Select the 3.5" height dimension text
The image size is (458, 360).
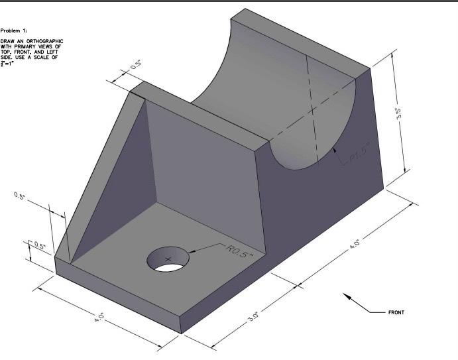click(x=398, y=114)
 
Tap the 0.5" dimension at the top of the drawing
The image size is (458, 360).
click(x=136, y=66)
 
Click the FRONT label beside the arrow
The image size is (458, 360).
click(x=396, y=312)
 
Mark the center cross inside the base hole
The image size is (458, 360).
click(x=167, y=257)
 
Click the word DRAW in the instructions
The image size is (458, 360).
click(x=8, y=41)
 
